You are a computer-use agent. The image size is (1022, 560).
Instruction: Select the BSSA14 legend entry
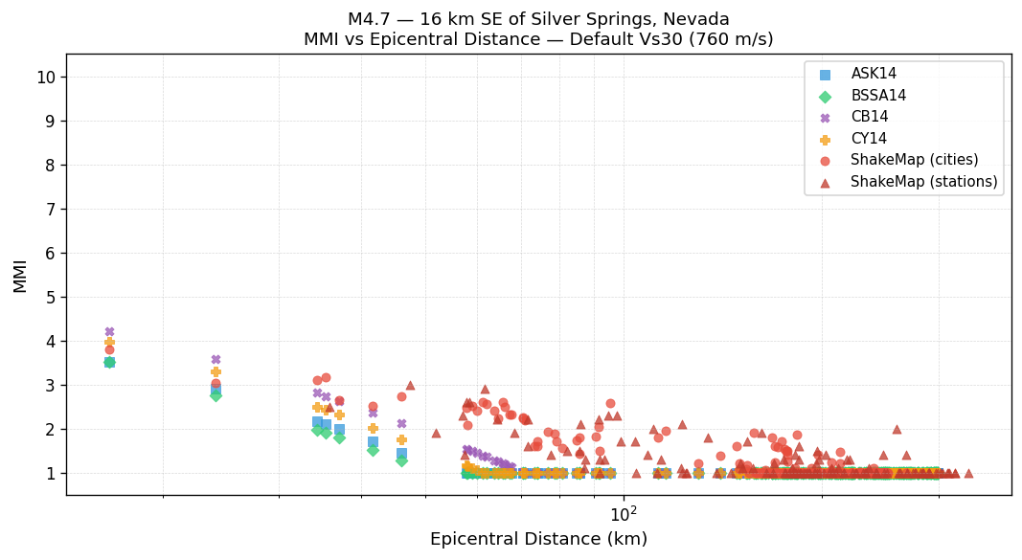(878, 96)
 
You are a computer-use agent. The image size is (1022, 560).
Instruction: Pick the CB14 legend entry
(869, 117)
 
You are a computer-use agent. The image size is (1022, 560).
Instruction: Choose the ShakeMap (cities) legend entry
(914, 160)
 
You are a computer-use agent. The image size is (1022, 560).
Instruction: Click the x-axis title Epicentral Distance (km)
(538, 539)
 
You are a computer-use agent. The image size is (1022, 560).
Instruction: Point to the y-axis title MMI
(20, 275)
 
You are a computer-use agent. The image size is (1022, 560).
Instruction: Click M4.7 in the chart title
(369, 19)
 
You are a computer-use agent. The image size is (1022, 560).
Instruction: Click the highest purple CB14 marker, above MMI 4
(109, 331)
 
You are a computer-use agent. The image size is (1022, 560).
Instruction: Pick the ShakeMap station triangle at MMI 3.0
(410, 385)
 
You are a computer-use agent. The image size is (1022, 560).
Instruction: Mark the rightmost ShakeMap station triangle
(968, 473)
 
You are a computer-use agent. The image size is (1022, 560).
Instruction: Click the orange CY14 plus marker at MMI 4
(109, 342)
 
